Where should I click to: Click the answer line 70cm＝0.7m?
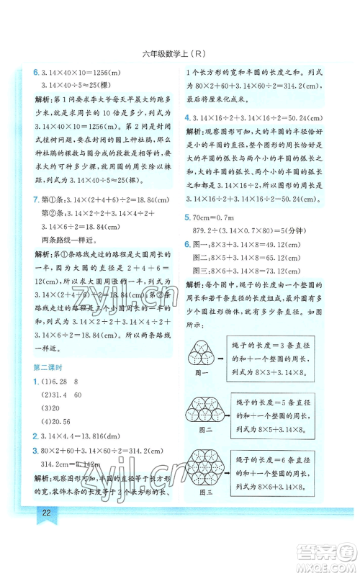coord(220,216)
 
